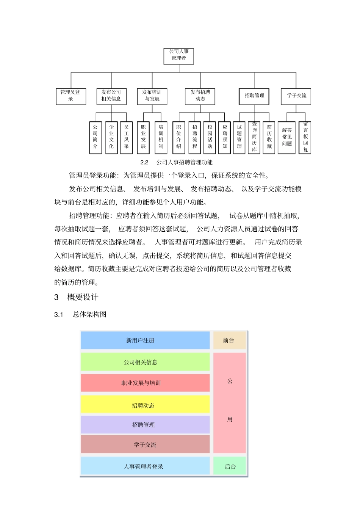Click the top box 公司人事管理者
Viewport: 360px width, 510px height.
179,55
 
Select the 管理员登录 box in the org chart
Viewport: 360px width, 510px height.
71,96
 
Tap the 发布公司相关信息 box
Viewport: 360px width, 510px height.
111,96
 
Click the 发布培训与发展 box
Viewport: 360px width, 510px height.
152,96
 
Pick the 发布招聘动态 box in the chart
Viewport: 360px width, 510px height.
200,96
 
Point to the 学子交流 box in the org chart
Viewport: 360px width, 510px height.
296,96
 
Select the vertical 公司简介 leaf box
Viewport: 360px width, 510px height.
95,137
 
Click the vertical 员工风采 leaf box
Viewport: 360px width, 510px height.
126,137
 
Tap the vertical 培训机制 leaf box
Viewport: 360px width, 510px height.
161,137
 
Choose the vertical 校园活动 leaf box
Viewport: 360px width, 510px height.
210,137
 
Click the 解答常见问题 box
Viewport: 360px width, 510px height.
287,137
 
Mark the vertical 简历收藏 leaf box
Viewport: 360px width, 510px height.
269,137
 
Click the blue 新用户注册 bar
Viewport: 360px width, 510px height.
145,341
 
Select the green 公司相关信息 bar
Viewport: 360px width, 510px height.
145,362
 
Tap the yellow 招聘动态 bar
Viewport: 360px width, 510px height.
145,405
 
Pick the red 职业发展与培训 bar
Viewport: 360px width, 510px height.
145,383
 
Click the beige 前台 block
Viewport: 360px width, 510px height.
229,341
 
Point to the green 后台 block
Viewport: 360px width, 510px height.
230,466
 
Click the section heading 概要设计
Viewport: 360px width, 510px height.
83,297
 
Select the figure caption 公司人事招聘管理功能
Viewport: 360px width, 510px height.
184,162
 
